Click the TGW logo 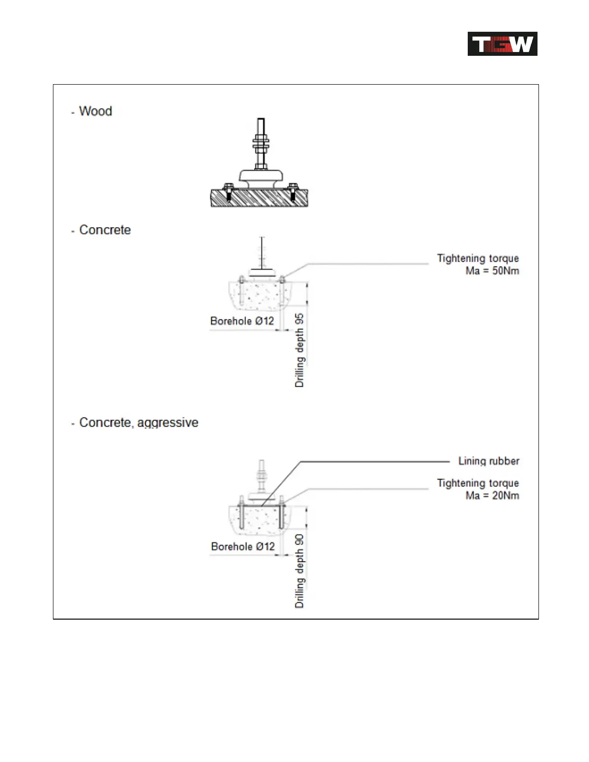(502, 44)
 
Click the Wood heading (95, 111)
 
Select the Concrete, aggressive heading (139, 422)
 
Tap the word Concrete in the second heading (105, 230)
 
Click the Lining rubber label (488, 461)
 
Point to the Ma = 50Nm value (492, 271)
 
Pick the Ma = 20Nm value (492, 495)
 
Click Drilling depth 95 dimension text (299, 350)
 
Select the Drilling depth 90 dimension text (299, 571)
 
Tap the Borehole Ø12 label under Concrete (242, 321)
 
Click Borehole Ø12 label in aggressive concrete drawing (243, 546)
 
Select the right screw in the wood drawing (292, 191)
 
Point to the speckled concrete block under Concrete (260, 294)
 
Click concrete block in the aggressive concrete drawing (260, 520)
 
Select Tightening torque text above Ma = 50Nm (477, 258)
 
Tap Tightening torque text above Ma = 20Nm (477, 483)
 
